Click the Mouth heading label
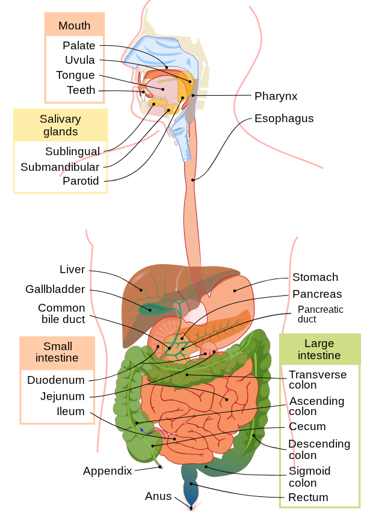click(x=74, y=26)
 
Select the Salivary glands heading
click(x=60, y=125)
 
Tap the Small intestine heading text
click(x=57, y=352)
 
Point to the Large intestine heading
click(x=319, y=350)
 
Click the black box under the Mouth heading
click(x=75, y=69)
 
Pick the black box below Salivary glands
click(x=60, y=167)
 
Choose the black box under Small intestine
click(x=57, y=396)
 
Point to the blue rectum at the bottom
click(x=192, y=490)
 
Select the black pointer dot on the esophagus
click(x=193, y=180)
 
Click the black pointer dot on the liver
click(x=142, y=290)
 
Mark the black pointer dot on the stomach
click(x=235, y=291)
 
